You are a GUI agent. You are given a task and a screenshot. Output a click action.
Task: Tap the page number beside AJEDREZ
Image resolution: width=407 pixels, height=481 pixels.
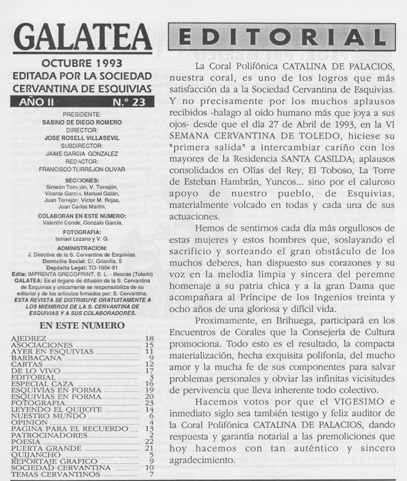[x=150, y=339]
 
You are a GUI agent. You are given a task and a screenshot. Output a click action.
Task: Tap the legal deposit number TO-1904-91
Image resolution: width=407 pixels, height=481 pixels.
[x=102, y=267]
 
